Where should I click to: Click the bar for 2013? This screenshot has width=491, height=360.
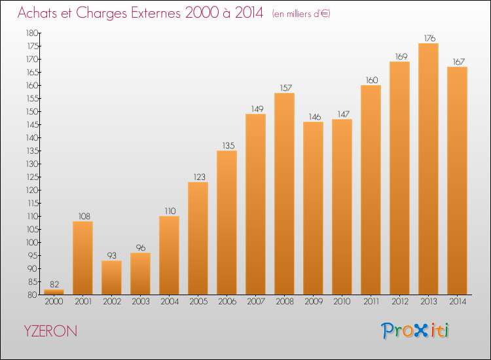click(x=428, y=169)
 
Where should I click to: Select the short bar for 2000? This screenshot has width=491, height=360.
click(x=54, y=292)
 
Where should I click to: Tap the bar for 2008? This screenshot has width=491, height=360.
click(x=284, y=194)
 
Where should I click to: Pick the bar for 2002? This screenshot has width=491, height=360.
click(x=111, y=278)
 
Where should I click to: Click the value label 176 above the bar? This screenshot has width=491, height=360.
click(x=429, y=38)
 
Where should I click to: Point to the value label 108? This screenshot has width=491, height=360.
click(x=84, y=216)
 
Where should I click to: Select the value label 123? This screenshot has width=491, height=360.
click(x=200, y=177)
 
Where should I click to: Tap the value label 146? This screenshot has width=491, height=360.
click(x=315, y=117)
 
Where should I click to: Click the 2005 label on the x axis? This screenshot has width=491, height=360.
click(x=198, y=302)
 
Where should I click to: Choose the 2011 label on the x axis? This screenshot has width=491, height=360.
click(x=371, y=302)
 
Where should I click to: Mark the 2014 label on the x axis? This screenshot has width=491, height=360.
click(x=458, y=302)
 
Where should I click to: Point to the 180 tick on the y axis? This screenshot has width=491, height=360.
click(x=31, y=33)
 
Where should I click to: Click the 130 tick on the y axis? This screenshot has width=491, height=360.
click(x=31, y=164)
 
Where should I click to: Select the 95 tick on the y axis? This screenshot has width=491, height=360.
click(x=33, y=256)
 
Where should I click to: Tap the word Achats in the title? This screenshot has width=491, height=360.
click(x=37, y=12)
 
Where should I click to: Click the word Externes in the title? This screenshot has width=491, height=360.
click(x=156, y=12)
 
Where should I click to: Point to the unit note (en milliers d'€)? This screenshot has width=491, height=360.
click(x=301, y=14)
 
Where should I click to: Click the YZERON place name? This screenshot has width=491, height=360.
click(x=50, y=331)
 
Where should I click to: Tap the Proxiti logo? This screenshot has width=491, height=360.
click(x=415, y=331)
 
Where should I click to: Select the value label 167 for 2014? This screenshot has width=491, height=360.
click(x=458, y=62)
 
